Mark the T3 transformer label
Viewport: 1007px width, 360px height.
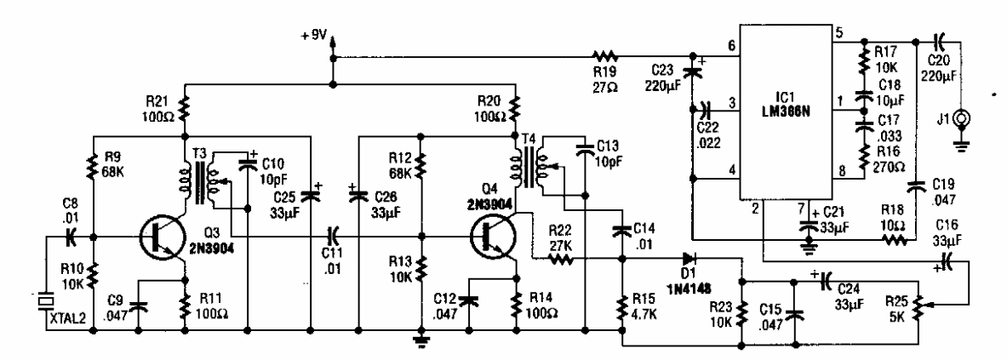click(x=201, y=151)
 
